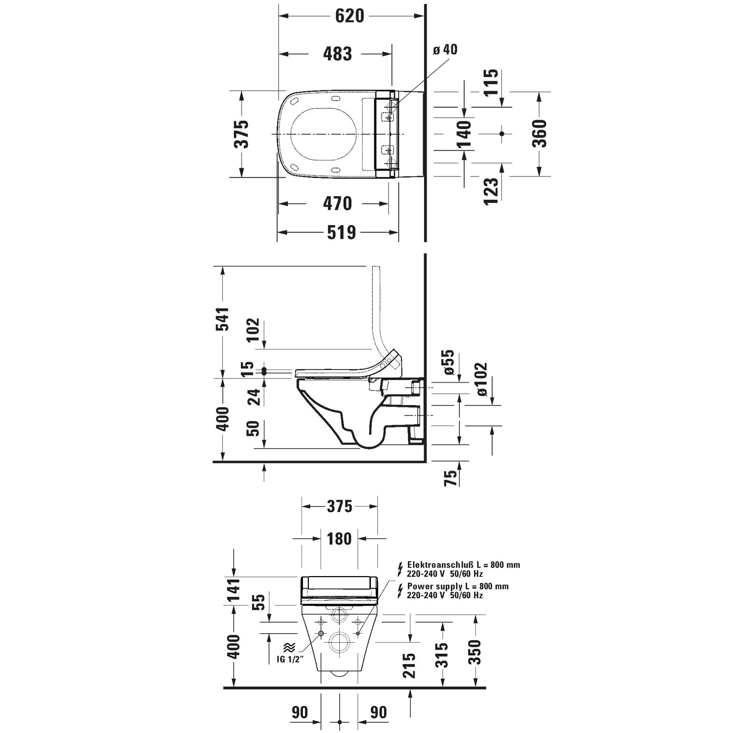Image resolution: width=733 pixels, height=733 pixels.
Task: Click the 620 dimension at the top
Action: click(350, 16)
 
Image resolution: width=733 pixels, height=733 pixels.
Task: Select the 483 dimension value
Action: click(338, 54)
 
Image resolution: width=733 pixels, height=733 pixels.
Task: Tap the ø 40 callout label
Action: click(445, 49)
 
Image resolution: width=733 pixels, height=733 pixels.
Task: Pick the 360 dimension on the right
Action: click(539, 133)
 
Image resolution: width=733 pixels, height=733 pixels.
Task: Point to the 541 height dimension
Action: click(222, 319)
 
